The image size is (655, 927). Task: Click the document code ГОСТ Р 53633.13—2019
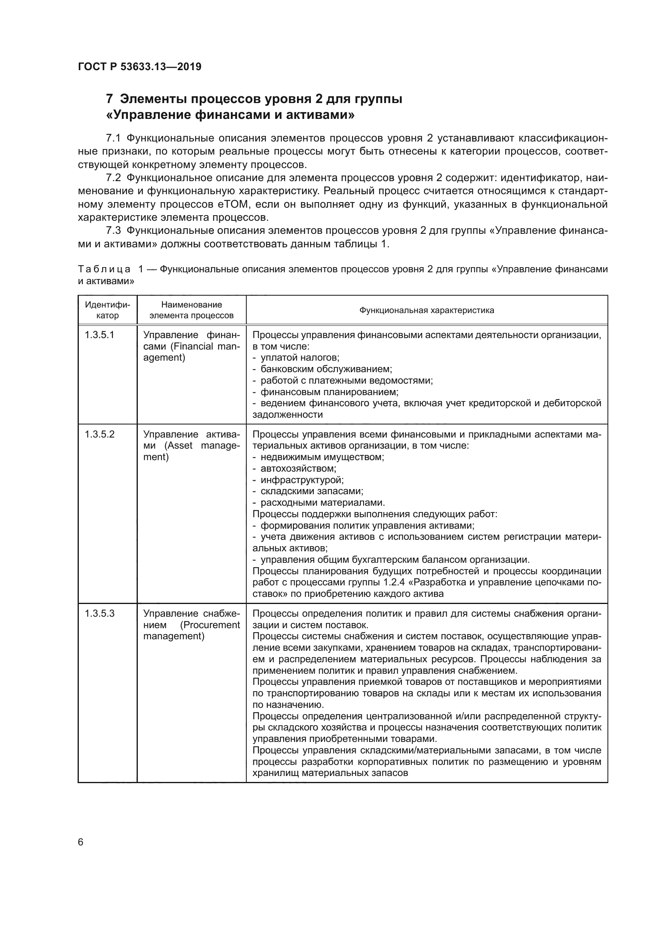click(139, 67)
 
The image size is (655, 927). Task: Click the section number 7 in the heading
click(109, 99)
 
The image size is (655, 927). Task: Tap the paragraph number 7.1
click(113, 138)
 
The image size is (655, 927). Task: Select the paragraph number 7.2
click(113, 178)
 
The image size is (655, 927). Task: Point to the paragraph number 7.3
click(113, 231)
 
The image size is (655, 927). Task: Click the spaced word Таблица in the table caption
click(104, 269)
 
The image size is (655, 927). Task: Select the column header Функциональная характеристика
click(427, 310)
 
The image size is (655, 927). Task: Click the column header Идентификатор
click(107, 310)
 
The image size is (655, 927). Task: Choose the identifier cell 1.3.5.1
click(99, 335)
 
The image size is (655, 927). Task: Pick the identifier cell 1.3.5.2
click(99, 434)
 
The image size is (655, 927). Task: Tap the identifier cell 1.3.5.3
click(99, 613)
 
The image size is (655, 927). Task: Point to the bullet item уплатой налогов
click(300, 358)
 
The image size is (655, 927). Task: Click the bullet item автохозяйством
click(298, 469)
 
